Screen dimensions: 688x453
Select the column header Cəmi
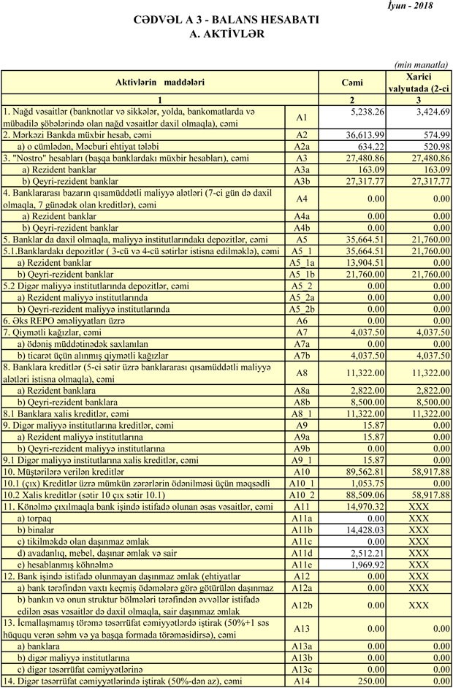point(352,82)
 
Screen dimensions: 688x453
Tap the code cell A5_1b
point(302,273)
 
